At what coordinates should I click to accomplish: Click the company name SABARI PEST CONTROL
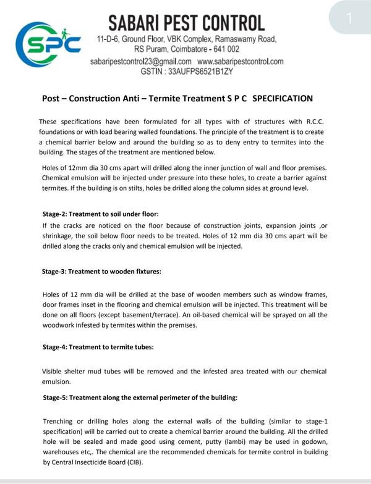(x=187, y=23)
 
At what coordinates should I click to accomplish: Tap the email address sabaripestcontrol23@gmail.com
(x=140, y=62)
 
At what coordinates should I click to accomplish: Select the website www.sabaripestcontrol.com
(x=241, y=62)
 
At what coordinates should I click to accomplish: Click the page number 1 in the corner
(x=349, y=18)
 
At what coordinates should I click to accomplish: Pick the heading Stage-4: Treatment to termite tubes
(x=98, y=347)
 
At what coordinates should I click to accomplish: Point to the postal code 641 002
(x=223, y=48)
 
